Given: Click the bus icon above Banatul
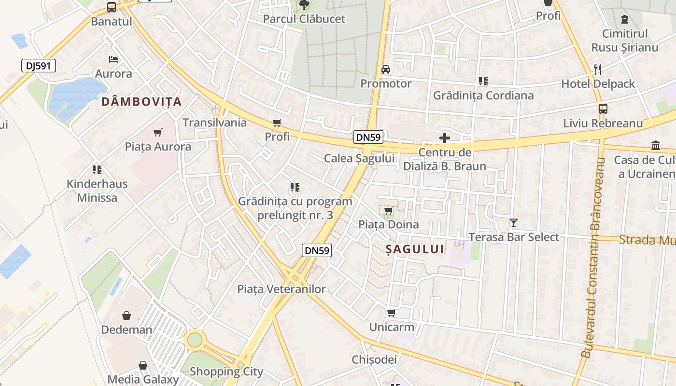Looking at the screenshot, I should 112,7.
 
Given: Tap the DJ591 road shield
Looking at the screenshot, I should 39,66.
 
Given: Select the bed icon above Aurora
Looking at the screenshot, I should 113,59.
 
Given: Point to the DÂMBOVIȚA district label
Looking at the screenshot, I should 141,102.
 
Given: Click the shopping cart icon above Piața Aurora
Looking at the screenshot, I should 158,132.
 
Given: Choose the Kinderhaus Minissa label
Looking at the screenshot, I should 97,191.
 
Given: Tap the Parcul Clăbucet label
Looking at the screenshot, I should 304,19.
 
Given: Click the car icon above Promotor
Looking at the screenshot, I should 386,69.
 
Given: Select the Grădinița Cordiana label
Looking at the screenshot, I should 483,95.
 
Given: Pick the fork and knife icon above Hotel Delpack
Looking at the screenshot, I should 598,69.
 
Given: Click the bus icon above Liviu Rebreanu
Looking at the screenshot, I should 603,109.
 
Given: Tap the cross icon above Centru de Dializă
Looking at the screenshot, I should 445,138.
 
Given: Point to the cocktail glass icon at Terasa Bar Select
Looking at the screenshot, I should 514,223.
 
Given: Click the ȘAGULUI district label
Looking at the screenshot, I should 415,249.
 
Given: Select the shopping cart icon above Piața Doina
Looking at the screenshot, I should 389,211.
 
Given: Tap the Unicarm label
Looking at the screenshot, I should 392,327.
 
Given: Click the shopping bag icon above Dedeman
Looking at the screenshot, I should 127,316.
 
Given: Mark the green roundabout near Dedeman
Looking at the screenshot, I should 195,340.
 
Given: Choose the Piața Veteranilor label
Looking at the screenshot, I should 282,289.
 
